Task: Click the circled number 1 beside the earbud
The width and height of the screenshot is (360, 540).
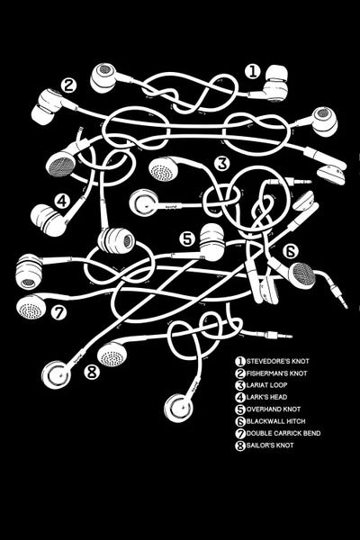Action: pyautogui.click(x=253, y=72)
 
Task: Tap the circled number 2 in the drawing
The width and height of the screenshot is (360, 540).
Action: pyautogui.click(x=69, y=85)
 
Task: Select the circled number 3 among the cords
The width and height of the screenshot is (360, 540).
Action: pyautogui.click(x=222, y=164)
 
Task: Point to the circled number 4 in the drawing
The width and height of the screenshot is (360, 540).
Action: pyautogui.click(x=62, y=201)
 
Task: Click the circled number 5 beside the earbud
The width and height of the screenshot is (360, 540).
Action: pyautogui.click(x=186, y=239)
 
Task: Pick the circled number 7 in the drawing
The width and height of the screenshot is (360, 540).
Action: pyautogui.click(x=58, y=312)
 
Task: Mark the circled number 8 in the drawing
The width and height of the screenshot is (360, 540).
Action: pyautogui.click(x=92, y=372)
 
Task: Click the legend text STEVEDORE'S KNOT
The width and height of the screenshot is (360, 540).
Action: pyautogui.click(x=278, y=361)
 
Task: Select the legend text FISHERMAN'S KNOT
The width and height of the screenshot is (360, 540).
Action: pyautogui.click(x=276, y=373)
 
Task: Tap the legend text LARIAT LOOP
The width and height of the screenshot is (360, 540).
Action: pyautogui.click(x=266, y=385)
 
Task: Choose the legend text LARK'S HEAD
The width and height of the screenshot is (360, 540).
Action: pyautogui.click(x=266, y=397)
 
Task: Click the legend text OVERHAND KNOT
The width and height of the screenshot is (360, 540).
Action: pyautogui.click(x=274, y=409)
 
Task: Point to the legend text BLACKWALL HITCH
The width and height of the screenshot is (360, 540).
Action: pyautogui.click(x=276, y=421)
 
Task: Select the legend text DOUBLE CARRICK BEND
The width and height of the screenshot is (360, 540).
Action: pyautogui.click(x=283, y=433)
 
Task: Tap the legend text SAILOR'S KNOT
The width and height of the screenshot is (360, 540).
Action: pyautogui.click(x=270, y=445)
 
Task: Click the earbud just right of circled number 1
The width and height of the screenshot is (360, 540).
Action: pyautogui.click(x=274, y=85)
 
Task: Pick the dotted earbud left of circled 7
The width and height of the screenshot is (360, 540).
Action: pyautogui.click(x=31, y=306)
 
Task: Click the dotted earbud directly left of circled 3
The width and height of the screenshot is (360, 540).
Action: pyautogui.click(x=163, y=169)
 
